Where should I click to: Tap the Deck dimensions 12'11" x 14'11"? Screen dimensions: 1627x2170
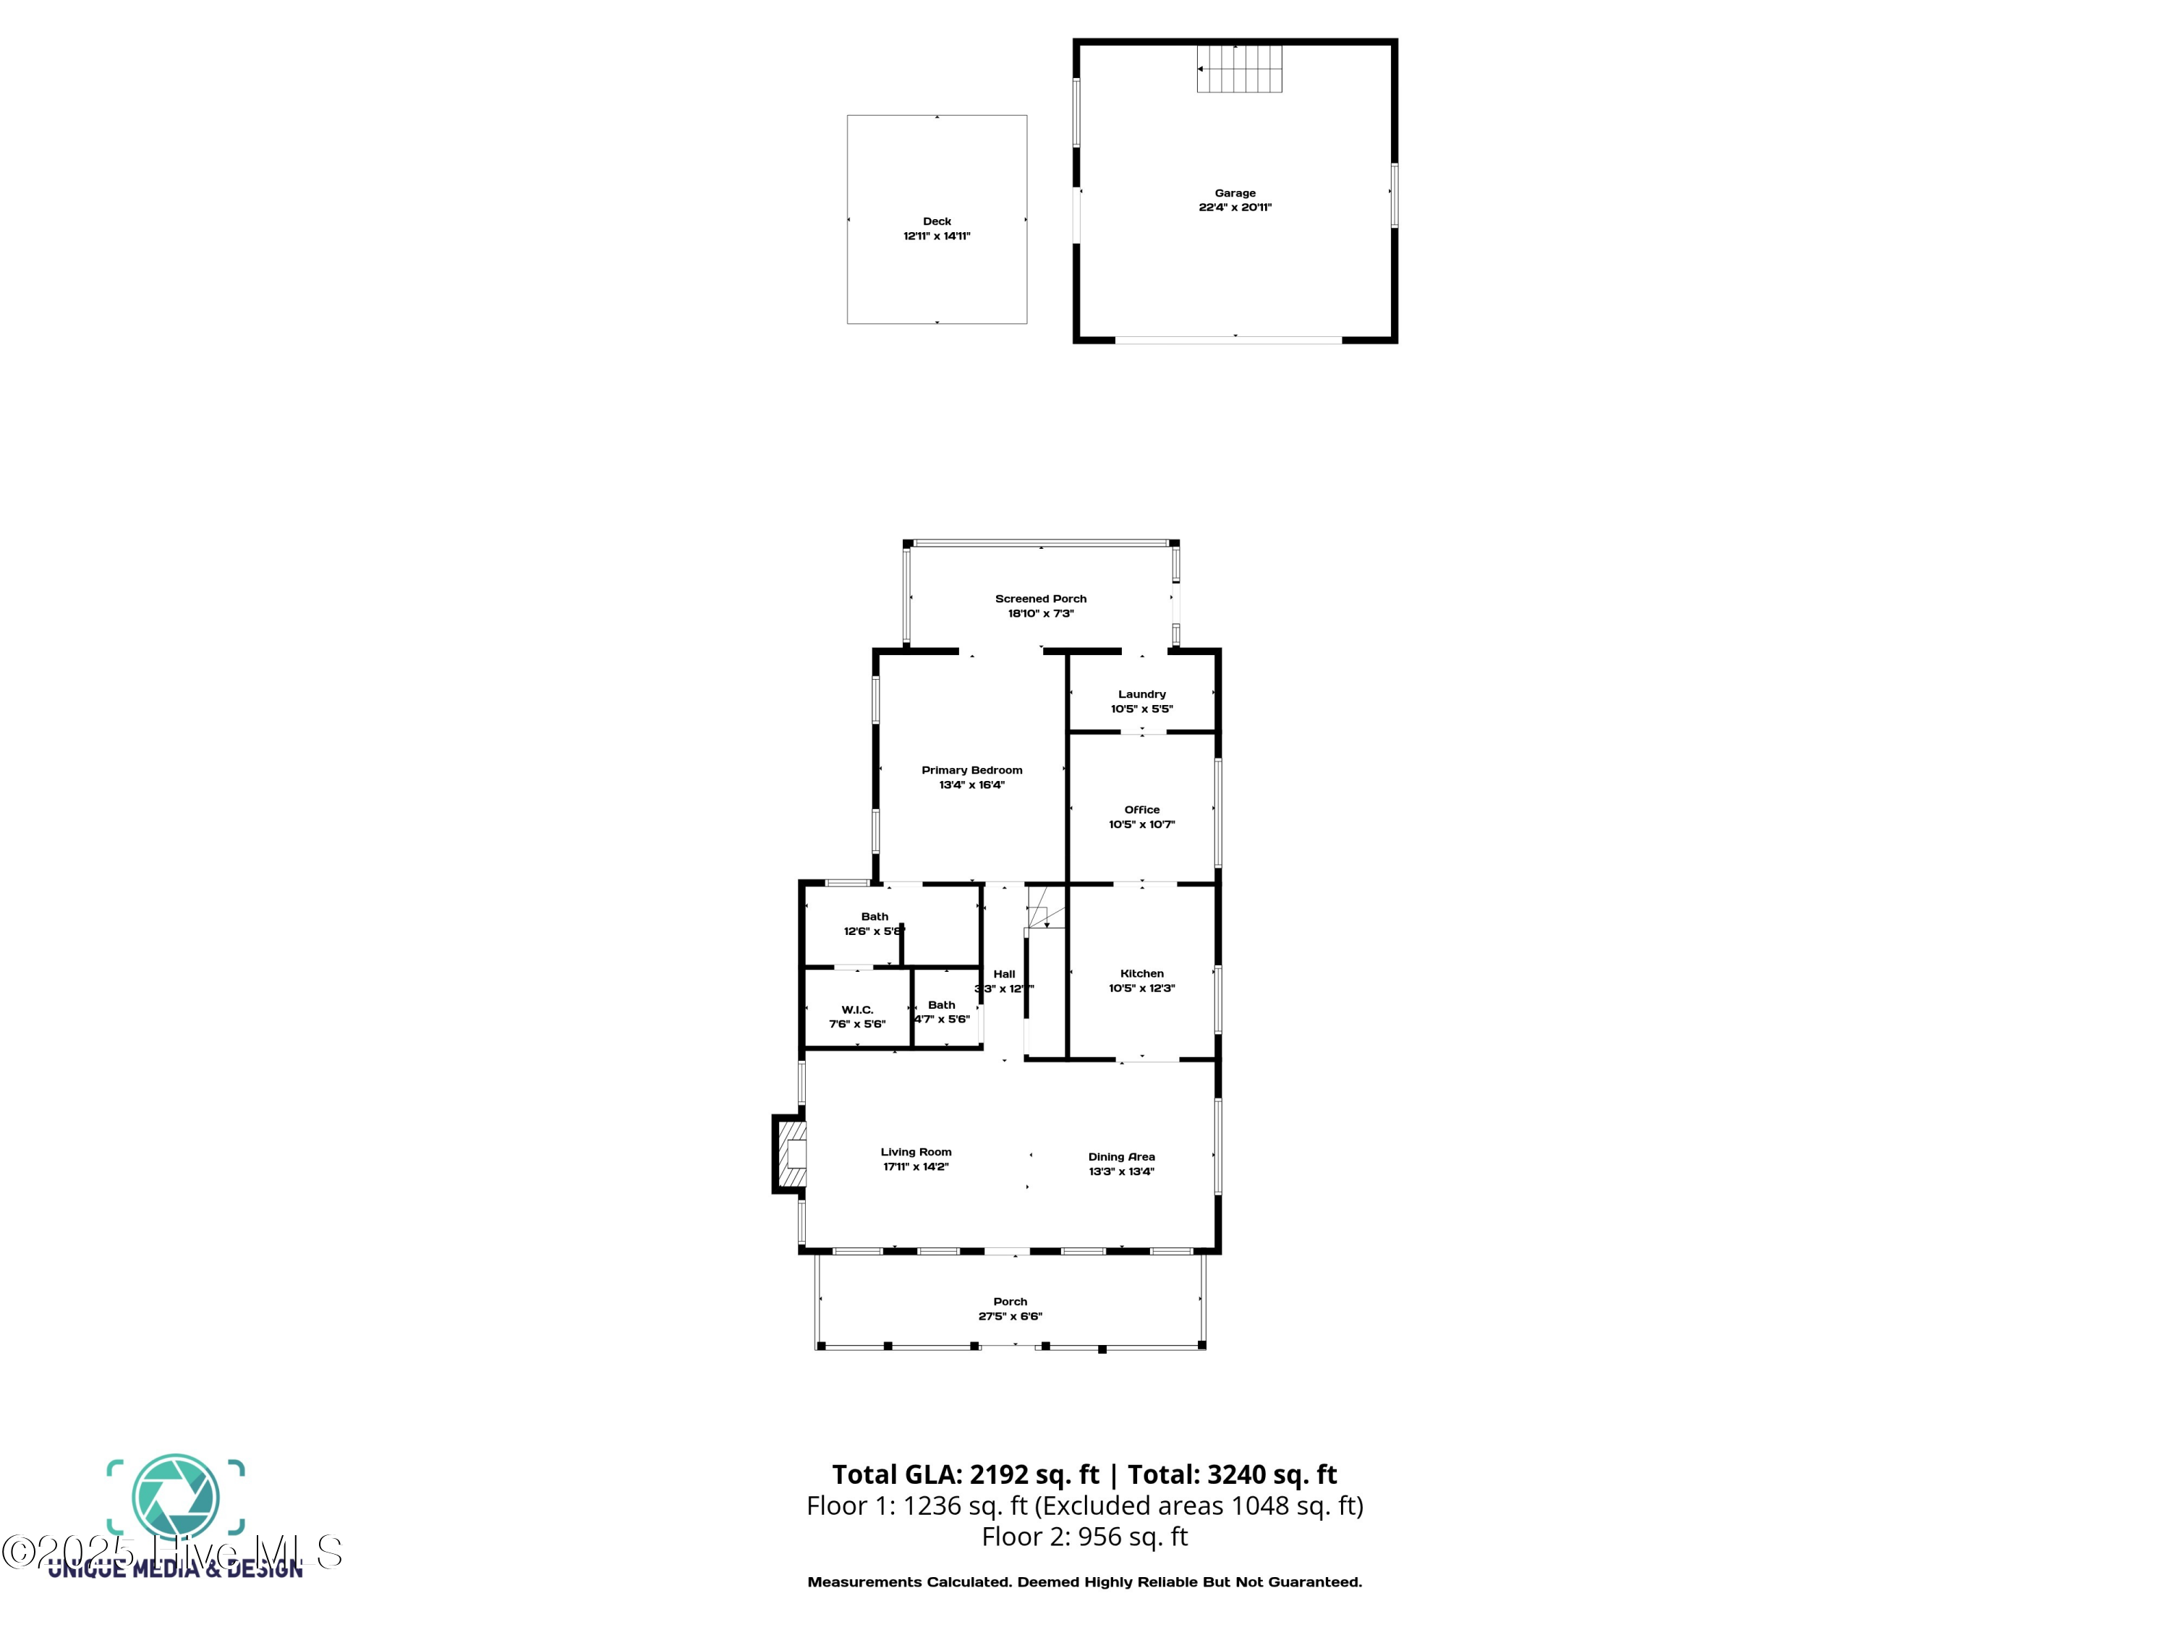[936, 236]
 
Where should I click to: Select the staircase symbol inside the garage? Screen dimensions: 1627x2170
[1239, 69]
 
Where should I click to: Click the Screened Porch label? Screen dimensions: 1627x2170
[1040, 598]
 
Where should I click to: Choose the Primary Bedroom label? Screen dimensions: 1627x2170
[971, 770]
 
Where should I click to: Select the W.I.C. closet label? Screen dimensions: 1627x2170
[856, 1010]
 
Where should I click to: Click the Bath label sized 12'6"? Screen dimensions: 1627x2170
[874, 917]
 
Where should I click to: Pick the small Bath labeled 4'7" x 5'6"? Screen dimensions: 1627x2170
[941, 1005]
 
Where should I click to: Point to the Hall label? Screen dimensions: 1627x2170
[1003, 975]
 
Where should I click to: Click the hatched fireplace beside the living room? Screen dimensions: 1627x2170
[791, 1154]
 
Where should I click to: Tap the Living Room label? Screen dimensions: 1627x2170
[915, 1153]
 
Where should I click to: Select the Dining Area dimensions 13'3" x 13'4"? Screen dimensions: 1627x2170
[1120, 1172]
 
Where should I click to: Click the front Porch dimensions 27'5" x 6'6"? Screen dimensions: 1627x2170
[1010, 1317]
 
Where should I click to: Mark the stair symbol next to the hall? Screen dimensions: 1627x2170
[1044, 908]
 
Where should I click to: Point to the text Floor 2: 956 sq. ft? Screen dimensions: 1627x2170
[1084, 1537]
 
